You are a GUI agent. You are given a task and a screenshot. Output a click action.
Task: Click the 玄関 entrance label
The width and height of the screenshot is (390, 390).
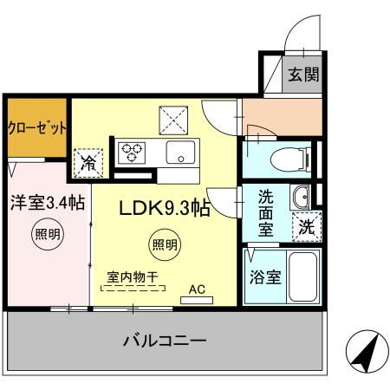tap(303, 74)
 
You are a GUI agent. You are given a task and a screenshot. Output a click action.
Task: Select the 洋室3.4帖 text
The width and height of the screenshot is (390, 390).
tap(48, 204)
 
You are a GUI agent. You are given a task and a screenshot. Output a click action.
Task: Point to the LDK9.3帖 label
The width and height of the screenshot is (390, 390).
tap(165, 208)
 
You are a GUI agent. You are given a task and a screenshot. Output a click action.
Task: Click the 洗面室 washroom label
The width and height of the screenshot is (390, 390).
tap(266, 212)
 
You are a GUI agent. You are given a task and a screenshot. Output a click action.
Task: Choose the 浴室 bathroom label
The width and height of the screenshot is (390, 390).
tap(265, 278)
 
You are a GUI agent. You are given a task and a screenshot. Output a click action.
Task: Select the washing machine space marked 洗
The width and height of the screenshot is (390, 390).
tap(307, 227)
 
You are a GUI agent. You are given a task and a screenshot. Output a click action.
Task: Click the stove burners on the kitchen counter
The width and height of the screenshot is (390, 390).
tap(133, 153)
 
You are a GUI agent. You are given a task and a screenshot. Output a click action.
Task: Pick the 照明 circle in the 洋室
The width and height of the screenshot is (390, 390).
tap(49, 233)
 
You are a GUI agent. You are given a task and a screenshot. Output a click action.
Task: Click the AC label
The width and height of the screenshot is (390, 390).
tap(197, 292)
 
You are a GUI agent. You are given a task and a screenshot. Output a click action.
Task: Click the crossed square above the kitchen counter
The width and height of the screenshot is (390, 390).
tap(171, 116)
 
